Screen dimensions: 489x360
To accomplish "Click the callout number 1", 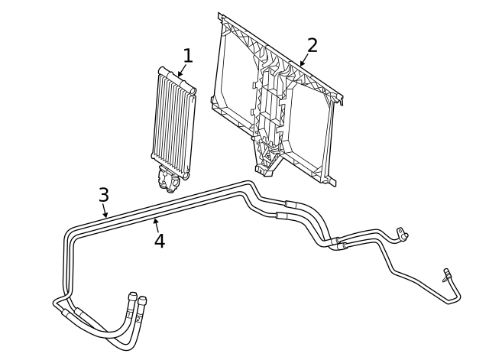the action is click(x=187, y=56).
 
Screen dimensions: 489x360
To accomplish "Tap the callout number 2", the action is click(x=313, y=46).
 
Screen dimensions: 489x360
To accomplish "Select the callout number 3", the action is click(x=104, y=195).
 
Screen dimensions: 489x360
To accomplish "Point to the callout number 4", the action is click(x=160, y=241).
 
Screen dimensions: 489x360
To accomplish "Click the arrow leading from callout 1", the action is click(x=182, y=70).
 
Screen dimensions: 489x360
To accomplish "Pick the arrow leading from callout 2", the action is click(x=304, y=60).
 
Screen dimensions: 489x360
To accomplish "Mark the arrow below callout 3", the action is click(x=105, y=210).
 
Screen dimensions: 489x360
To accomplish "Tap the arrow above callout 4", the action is click(x=157, y=225).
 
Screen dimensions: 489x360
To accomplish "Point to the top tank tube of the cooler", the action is click(x=177, y=79).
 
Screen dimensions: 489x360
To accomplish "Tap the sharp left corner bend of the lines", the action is click(x=55, y=302).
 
